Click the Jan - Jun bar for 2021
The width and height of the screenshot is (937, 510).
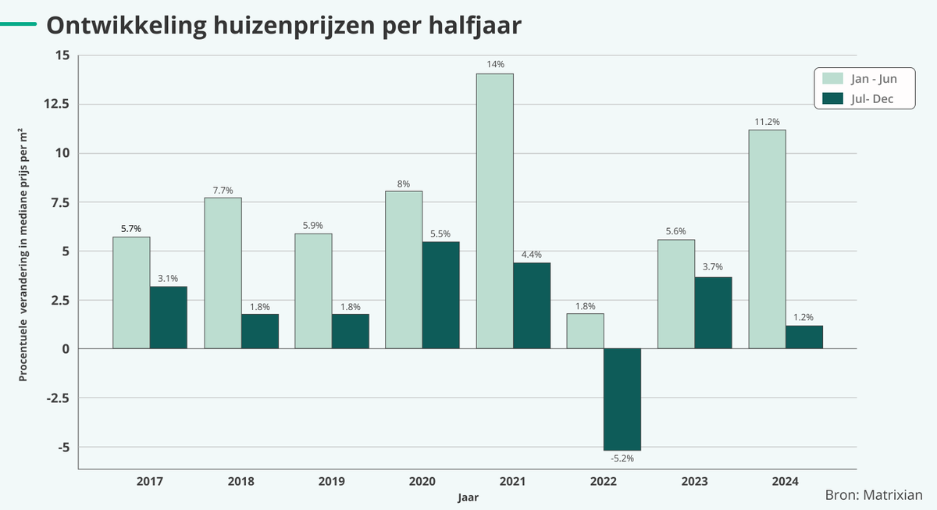click(494, 211)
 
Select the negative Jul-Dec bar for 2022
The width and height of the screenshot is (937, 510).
click(622, 399)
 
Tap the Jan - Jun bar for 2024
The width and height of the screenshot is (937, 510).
click(767, 239)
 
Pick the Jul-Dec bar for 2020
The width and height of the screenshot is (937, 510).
click(440, 295)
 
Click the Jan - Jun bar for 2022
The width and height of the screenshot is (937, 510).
click(585, 331)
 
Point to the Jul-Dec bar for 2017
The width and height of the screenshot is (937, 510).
click(168, 318)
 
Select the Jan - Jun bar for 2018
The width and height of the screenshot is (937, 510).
click(223, 273)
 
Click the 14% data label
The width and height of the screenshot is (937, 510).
click(495, 64)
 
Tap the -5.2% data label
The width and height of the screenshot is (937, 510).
click(622, 458)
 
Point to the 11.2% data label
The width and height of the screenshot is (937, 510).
click(767, 121)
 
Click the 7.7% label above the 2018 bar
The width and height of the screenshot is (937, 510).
click(223, 189)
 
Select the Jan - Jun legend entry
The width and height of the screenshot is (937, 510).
click(863, 79)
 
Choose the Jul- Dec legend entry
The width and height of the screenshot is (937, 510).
click(863, 98)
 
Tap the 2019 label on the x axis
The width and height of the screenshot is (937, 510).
click(331, 482)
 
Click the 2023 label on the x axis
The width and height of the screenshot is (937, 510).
click(694, 482)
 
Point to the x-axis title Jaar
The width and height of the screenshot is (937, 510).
click(468, 497)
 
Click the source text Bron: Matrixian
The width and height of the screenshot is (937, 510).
click(874, 495)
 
